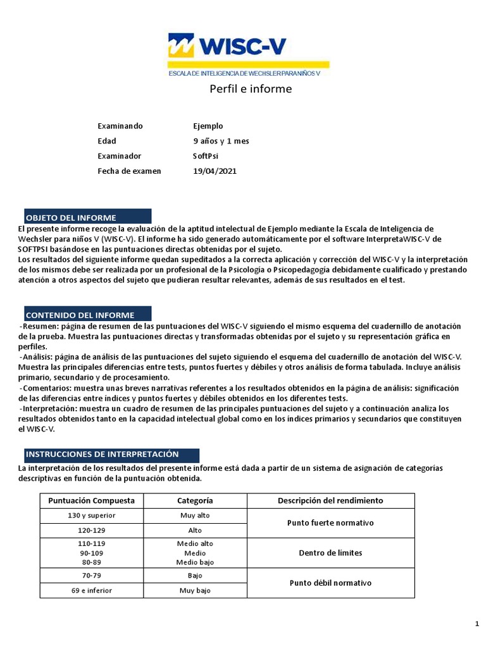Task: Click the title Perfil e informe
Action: pyautogui.click(x=251, y=89)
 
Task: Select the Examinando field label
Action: pyautogui.click(x=120, y=126)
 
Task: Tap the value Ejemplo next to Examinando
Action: pyautogui.click(x=208, y=126)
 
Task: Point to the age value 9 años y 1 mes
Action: pyautogui.click(x=221, y=141)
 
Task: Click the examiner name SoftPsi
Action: pyautogui.click(x=206, y=156)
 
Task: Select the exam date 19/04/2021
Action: pyautogui.click(x=215, y=171)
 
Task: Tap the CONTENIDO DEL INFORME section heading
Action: pyautogui.click(x=89, y=315)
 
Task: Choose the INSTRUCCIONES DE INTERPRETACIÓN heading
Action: pyautogui.click(x=111, y=454)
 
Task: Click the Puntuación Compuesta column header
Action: pyautogui.click(x=91, y=500)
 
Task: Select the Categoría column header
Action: pyautogui.click(x=195, y=500)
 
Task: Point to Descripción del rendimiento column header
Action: pyautogui.click(x=330, y=500)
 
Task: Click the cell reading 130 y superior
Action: pyautogui.click(x=91, y=516)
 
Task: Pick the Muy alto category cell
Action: pyautogui.click(x=195, y=516)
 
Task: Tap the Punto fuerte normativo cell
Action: pyautogui.click(x=330, y=523)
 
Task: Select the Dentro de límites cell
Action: pyautogui.click(x=330, y=553)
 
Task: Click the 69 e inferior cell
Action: pyautogui.click(x=91, y=591)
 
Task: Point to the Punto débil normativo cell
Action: pyautogui.click(x=330, y=583)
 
